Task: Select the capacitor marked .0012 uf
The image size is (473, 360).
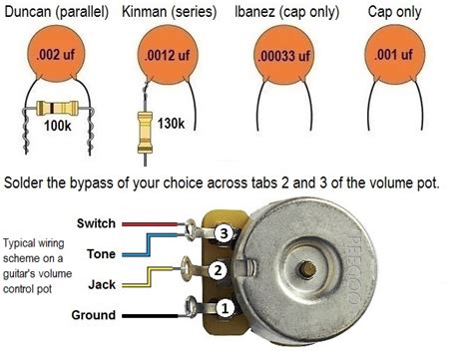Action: coord(169,55)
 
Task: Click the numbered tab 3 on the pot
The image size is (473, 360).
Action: coord(226,233)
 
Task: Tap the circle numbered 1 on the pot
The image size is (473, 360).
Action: coord(226,309)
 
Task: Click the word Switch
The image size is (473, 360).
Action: coord(98,223)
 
